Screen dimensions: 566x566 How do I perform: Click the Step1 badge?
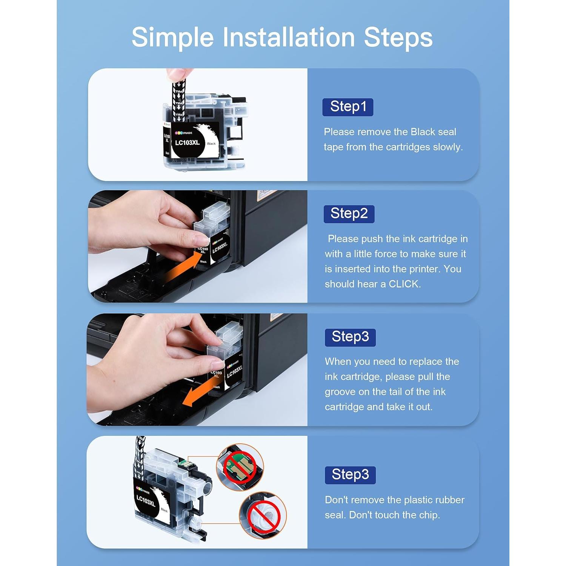click(x=348, y=107)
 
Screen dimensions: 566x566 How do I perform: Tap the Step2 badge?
click(x=349, y=214)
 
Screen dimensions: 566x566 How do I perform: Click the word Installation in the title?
click(x=288, y=37)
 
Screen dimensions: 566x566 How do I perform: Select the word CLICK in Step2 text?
click(x=404, y=284)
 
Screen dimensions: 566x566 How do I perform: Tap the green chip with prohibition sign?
click(x=240, y=467)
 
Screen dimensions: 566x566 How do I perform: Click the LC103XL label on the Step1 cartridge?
click(x=187, y=143)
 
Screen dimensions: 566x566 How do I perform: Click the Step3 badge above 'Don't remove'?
click(x=350, y=475)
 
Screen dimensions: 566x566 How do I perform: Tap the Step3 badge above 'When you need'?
click(x=350, y=337)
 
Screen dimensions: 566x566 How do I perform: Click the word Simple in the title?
click(x=172, y=37)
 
